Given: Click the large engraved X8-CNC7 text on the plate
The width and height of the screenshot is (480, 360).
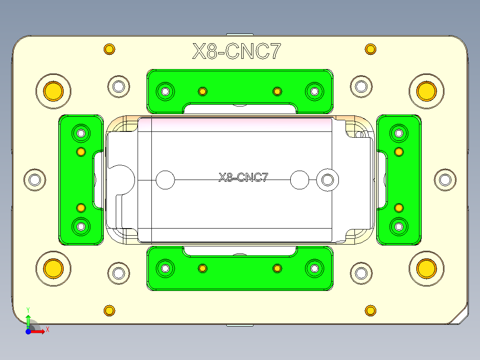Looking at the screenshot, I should (237, 52).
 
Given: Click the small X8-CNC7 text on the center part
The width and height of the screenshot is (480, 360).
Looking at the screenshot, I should (243, 178).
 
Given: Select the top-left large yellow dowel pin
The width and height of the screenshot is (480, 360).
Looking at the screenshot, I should (53, 91).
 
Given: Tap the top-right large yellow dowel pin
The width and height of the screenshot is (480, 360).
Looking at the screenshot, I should (426, 91).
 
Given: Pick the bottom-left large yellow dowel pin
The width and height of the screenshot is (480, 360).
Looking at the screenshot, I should (53, 268).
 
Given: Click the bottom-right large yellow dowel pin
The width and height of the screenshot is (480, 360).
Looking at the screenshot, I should (426, 268).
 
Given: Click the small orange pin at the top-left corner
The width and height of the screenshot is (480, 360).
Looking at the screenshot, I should (109, 49).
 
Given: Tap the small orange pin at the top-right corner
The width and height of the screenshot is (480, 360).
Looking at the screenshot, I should (370, 49).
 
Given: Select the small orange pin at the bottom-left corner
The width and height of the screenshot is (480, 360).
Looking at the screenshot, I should (109, 311).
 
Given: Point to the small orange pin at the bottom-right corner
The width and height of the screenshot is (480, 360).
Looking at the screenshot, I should (370, 311).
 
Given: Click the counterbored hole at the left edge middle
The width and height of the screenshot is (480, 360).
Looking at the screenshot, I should (34, 180).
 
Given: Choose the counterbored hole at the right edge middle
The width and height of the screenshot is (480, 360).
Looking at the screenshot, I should (445, 180).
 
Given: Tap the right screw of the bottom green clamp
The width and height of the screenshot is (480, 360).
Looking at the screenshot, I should (314, 268).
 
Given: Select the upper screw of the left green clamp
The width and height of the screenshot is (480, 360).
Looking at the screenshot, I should (81, 133).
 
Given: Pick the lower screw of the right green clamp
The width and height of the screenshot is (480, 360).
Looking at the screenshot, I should (399, 226).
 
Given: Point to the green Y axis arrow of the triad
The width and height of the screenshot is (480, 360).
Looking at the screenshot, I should (28, 319).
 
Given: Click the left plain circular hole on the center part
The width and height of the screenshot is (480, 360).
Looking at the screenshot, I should (165, 180).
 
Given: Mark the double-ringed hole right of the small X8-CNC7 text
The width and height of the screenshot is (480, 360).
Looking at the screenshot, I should (328, 180).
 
